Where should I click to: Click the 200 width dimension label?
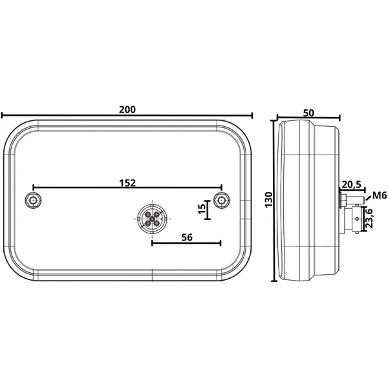127,109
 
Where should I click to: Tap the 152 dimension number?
127,183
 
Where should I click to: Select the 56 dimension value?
187,237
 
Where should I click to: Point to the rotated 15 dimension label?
202,209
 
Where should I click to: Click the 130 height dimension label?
268,200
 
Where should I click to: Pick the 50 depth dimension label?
308,113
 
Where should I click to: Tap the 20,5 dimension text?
352,184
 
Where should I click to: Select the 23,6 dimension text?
369,219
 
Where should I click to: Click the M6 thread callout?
380,195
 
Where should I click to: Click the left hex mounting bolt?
33,200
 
